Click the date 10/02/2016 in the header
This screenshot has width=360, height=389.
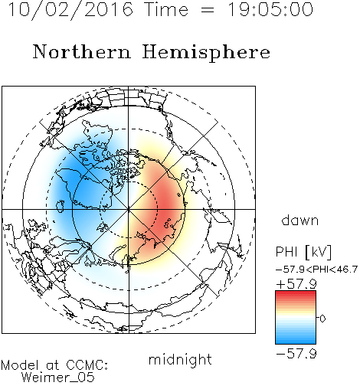(x=70, y=9)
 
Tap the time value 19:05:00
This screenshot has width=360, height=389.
(x=270, y=9)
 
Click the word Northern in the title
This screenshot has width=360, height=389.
(x=82, y=51)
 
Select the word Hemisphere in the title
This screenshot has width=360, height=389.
(x=206, y=53)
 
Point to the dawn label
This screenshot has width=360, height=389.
(x=300, y=220)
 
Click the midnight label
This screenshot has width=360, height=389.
(x=180, y=360)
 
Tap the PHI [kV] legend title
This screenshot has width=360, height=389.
(x=303, y=252)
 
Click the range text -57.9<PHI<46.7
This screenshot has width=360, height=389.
(x=316, y=270)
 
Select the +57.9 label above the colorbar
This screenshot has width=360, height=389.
(x=296, y=284)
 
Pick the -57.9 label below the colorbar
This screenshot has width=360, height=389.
(x=296, y=354)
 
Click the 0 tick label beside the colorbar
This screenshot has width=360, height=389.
(x=322, y=319)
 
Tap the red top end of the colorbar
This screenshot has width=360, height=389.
(x=296, y=293)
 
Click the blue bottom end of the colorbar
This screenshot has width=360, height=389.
(x=296, y=342)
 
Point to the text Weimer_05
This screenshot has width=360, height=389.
(x=58, y=378)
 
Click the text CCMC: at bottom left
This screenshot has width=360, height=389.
(x=87, y=365)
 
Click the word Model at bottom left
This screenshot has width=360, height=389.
(x=21, y=365)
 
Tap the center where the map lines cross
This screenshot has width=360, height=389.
(x=129, y=209)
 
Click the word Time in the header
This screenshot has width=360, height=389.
(x=166, y=9)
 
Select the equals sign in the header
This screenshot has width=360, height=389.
(x=208, y=10)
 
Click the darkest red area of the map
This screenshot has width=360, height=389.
(x=165, y=205)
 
